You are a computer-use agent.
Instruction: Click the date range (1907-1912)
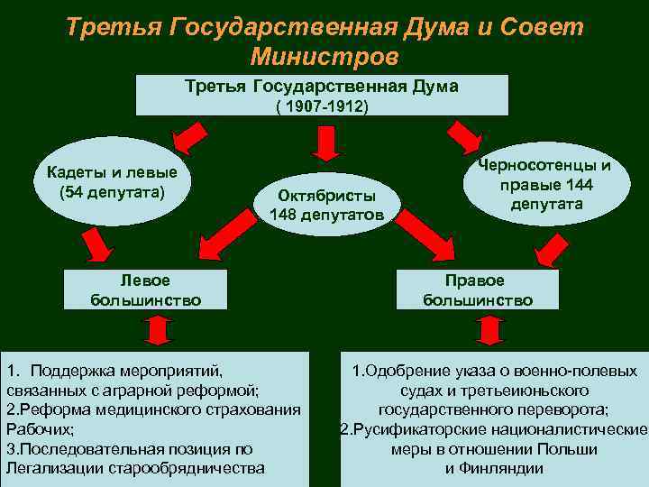click(x=323, y=106)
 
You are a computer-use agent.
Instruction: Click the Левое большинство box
click(x=145, y=289)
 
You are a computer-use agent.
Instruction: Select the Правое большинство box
click(x=478, y=289)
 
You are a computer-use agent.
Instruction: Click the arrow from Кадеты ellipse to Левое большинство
click(x=94, y=243)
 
